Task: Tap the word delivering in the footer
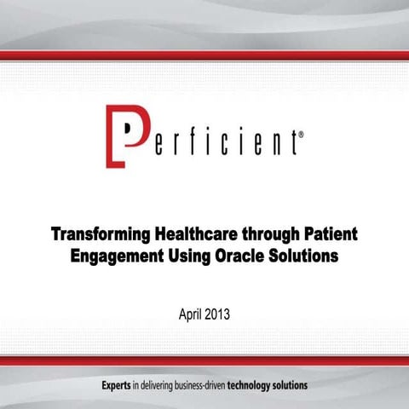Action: tap(158, 385)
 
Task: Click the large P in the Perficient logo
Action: tap(123, 135)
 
